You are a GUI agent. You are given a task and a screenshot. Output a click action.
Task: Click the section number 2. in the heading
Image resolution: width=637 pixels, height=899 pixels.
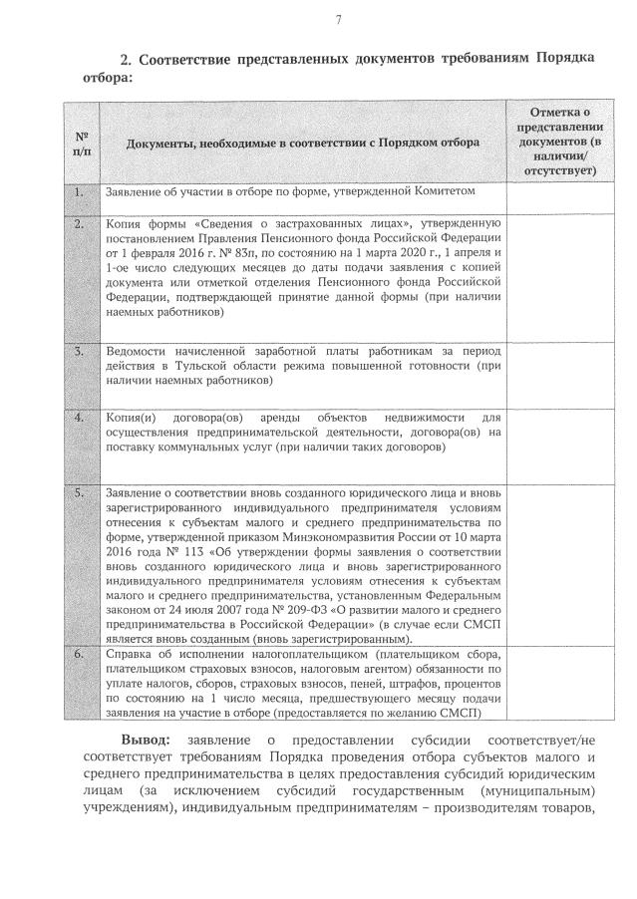pos(127,59)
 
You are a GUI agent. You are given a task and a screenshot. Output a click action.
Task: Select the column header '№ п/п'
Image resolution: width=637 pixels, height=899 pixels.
pos(81,143)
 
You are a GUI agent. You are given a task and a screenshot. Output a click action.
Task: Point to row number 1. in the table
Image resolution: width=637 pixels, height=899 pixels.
pos(79,190)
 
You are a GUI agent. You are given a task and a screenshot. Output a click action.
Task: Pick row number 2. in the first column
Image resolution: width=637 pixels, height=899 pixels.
pos(79,223)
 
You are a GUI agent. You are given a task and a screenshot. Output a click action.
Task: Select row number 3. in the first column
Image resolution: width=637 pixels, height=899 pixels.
pos(79,352)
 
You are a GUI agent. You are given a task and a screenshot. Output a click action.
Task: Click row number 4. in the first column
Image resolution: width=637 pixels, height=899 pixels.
pos(79,417)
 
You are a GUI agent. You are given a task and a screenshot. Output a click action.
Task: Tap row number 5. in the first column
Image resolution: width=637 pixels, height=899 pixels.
pos(79,493)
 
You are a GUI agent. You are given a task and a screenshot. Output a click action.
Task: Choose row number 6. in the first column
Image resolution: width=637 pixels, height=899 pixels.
pos(79,654)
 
